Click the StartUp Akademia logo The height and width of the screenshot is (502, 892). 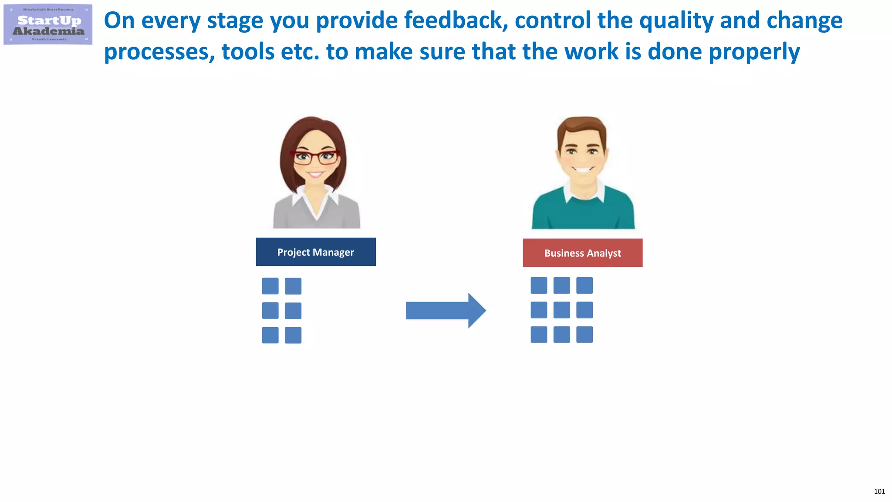(x=48, y=25)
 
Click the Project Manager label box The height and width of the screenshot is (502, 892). (x=316, y=252)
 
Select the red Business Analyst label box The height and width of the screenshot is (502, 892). (x=582, y=253)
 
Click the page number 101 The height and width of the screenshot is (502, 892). (x=879, y=492)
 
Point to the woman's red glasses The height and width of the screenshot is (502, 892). (x=316, y=157)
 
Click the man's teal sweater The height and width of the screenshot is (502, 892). (x=583, y=214)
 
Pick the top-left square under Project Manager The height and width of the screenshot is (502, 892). (x=270, y=286)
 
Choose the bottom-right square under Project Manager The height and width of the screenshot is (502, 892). (x=293, y=335)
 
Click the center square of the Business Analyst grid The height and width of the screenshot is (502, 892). (x=561, y=310)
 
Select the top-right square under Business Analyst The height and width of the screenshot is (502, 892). (x=585, y=285)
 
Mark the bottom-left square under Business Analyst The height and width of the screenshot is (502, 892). (x=539, y=335)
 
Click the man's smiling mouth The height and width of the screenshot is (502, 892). (x=583, y=169)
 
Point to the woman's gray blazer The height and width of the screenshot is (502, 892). (x=287, y=214)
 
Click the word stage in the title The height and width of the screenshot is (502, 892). (x=235, y=20)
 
